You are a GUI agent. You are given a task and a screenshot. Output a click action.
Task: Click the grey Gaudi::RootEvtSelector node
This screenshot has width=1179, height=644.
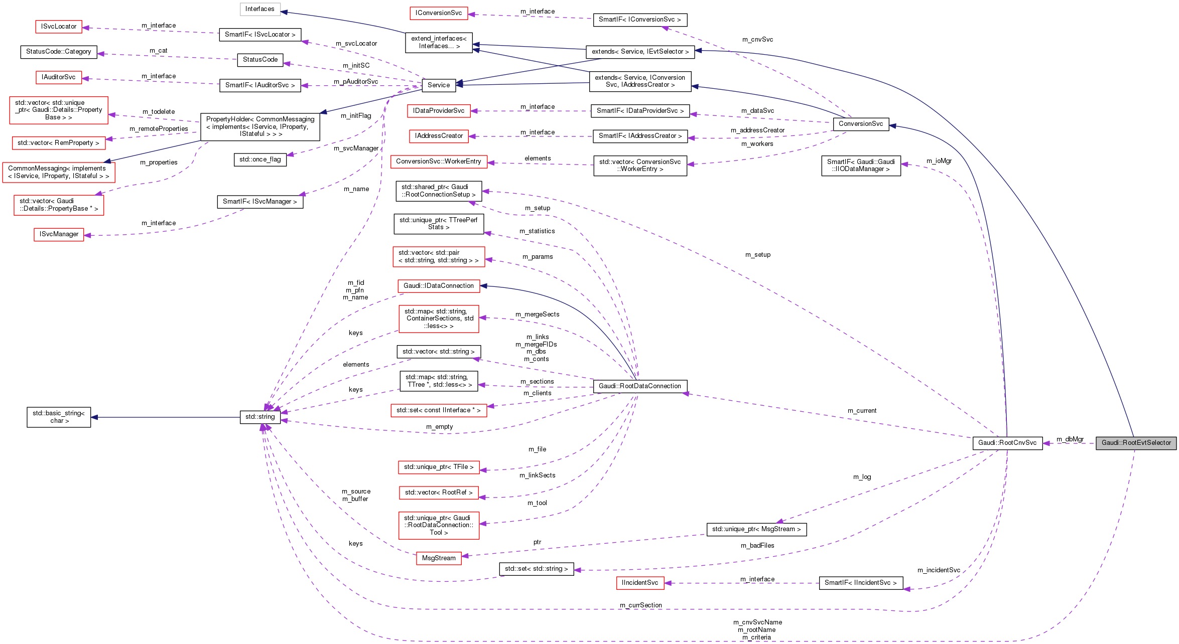point(1136,443)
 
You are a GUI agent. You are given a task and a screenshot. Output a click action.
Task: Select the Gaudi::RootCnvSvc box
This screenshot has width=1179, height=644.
point(1007,443)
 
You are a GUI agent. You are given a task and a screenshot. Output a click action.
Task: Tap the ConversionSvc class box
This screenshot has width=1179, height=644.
point(860,124)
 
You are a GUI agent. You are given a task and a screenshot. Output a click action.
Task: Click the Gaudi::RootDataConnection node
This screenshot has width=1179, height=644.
point(639,386)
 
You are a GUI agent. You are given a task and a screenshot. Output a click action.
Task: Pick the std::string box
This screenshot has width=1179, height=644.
point(260,417)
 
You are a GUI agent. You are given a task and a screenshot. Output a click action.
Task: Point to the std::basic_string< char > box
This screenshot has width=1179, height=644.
point(59,417)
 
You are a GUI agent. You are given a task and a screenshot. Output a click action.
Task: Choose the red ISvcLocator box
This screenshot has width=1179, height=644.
point(59,27)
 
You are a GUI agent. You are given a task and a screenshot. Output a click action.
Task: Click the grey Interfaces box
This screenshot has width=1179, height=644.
point(259,9)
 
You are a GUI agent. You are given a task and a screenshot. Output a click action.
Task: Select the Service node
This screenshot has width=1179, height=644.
point(438,85)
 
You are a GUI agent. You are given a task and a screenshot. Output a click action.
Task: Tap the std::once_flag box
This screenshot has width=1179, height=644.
point(259,159)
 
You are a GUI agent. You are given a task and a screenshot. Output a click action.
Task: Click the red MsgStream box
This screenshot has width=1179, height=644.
point(438,558)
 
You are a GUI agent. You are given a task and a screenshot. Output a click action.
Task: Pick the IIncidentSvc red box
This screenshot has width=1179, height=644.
point(639,583)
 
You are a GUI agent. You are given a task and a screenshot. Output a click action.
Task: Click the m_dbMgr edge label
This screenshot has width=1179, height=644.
point(1070,439)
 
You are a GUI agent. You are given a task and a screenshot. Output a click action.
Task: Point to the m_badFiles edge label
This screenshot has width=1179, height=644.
point(757,546)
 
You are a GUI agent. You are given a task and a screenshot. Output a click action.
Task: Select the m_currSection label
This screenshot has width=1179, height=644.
point(640,605)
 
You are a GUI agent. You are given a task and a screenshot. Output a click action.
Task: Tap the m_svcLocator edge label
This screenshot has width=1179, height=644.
point(356,44)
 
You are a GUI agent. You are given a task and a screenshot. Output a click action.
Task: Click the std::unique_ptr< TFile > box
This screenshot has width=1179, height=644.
point(439,467)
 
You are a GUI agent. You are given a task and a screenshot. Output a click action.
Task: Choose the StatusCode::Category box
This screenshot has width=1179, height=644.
point(58,52)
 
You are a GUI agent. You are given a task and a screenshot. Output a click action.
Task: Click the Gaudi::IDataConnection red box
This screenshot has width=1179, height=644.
point(438,286)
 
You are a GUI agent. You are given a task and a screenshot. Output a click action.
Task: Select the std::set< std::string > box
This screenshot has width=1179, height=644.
point(536,569)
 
